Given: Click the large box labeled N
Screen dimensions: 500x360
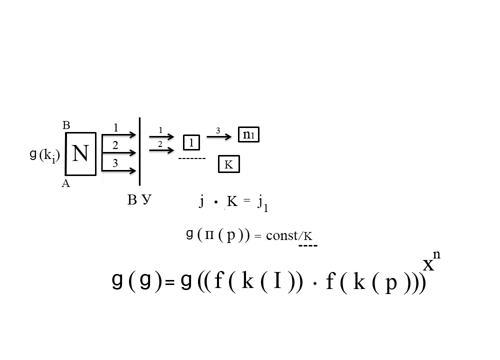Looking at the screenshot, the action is [80, 153].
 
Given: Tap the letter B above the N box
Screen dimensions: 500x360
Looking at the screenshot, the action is [66, 125].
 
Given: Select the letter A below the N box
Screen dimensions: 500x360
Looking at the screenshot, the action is [65, 183].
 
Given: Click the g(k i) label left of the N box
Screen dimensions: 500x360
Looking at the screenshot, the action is [44, 155].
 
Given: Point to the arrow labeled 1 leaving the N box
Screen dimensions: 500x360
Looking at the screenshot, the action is [119, 135].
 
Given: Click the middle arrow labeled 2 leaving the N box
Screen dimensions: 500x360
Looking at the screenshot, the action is [119, 153].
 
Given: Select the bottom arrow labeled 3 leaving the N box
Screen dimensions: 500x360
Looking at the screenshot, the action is [119, 171].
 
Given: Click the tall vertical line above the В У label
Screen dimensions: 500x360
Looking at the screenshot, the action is [139, 151].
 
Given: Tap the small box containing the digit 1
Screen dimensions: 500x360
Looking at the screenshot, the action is [191, 142].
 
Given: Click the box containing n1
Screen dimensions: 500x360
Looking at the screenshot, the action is [248, 134].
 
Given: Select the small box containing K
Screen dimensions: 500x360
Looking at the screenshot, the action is [229, 164].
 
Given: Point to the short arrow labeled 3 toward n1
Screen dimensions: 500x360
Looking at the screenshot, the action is [219, 137].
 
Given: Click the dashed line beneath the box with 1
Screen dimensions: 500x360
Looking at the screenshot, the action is [192, 158].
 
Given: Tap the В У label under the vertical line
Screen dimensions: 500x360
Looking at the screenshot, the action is [139, 200].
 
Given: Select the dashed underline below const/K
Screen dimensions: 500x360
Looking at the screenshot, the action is [308, 245].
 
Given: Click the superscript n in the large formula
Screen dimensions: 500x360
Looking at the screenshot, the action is [436, 255].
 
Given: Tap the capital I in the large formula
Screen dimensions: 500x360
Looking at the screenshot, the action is [277, 281].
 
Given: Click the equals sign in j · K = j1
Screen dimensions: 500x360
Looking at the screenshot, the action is [246, 200].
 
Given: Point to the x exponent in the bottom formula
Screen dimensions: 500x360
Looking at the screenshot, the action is [428, 265].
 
